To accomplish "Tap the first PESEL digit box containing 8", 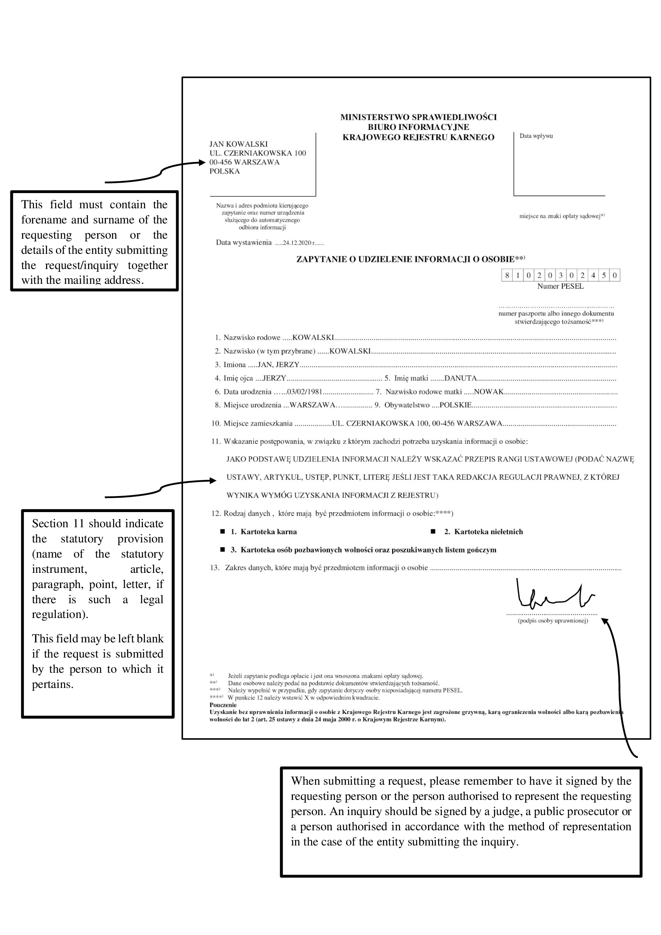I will pos(507,275).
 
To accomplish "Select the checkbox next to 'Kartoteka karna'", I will pos(223,531).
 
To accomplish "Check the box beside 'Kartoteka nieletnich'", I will pos(433,531).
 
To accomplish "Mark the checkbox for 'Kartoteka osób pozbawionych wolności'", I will pos(223,550).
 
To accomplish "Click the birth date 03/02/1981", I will pos(305,392).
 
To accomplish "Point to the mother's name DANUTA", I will pos(460,378).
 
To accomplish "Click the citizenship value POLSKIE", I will pos(456,405).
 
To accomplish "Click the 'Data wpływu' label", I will pos(536,136).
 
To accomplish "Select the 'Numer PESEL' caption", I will pos(560,286).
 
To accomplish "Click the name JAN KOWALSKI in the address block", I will pos(239,144).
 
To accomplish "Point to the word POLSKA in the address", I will pos(225,171).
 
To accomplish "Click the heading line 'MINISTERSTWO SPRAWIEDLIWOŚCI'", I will pos(418,117).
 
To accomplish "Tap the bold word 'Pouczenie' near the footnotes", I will pos(223,705).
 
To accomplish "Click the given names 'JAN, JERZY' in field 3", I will pos(279,365).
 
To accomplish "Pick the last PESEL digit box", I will pos(615,275).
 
